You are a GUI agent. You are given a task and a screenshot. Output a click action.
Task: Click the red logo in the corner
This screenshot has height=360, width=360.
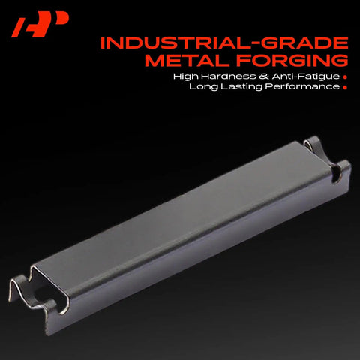coord(40,24)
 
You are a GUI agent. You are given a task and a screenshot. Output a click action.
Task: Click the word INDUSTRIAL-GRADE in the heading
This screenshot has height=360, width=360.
coord(224,43)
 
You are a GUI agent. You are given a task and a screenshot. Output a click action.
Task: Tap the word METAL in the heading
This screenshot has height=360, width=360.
coord(188,60)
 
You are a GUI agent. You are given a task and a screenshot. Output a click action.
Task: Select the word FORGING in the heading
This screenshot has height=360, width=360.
coord(292,60)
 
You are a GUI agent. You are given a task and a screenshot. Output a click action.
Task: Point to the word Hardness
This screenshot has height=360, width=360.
coord(229,76)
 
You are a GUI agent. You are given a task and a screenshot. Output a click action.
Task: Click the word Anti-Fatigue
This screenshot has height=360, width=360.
coord(306,76)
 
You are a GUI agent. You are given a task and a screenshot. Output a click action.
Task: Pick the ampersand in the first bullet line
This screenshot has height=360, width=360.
coord(264,76)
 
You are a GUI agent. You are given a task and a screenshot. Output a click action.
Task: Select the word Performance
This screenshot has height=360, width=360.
coord(302,86)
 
